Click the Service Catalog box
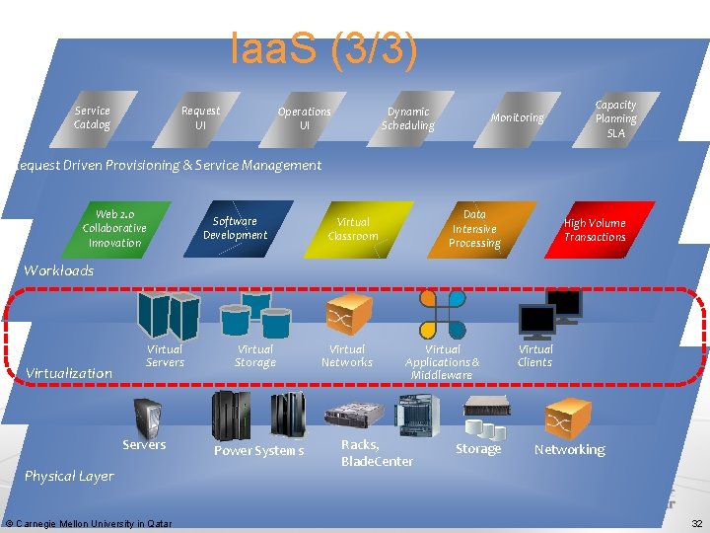click(x=93, y=118)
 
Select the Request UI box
click(x=200, y=118)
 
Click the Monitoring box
click(x=517, y=118)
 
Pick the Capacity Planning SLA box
click(x=615, y=118)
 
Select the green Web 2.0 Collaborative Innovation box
click(x=114, y=229)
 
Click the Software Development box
click(x=235, y=229)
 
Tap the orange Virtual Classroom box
click(x=353, y=229)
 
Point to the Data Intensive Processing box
click(x=474, y=229)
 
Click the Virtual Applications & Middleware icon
click(x=442, y=315)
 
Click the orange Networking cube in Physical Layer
click(x=569, y=417)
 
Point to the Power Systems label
click(x=258, y=451)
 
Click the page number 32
click(x=696, y=523)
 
